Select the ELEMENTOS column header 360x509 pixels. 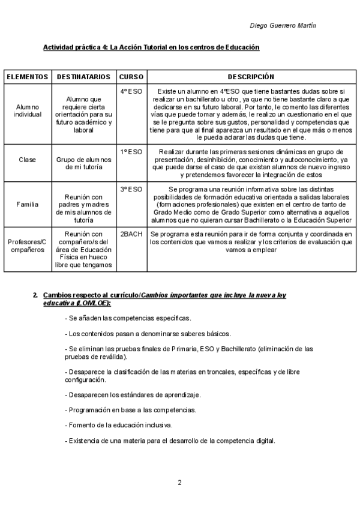pos(28,77)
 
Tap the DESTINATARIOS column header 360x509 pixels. pos(83,77)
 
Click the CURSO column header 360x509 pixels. pos(131,77)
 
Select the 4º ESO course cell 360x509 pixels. pos(131,92)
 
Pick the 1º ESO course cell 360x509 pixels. pos(131,152)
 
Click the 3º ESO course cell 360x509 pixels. pos(131,189)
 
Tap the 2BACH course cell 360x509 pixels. pos(131,234)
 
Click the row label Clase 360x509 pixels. pos(28,160)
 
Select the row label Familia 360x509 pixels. pos(28,204)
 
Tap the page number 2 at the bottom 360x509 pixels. pos(179,482)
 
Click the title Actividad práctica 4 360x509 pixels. pos(151,47)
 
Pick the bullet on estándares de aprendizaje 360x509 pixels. pos(133,395)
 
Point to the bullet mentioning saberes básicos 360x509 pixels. pos(148,333)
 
